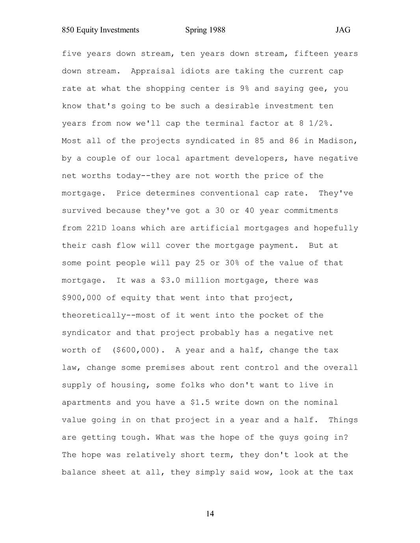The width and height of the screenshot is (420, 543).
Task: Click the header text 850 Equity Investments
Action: (x=100, y=30)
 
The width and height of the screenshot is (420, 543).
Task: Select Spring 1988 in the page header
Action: (x=205, y=30)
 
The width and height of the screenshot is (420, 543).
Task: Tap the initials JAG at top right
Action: (x=343, y=30)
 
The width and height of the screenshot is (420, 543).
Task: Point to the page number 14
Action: (x=210, y=513)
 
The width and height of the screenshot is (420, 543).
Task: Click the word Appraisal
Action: (x=153, y=71)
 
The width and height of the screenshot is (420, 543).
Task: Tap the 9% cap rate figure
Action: (x=244, y=89)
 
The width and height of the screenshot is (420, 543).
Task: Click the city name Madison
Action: (x=338, y=141)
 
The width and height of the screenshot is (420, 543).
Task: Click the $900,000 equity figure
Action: (x=81, y=298)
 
